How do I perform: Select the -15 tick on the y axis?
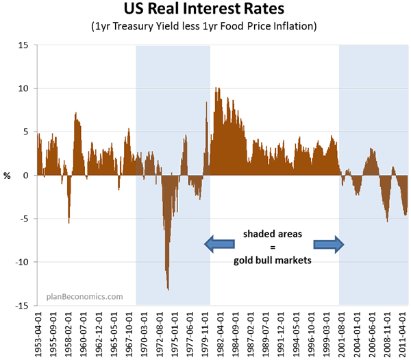coord(23,305)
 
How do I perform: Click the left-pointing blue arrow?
coord(219,243)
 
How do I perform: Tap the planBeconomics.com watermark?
coord(84,297)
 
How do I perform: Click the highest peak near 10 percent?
coord(217,88)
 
